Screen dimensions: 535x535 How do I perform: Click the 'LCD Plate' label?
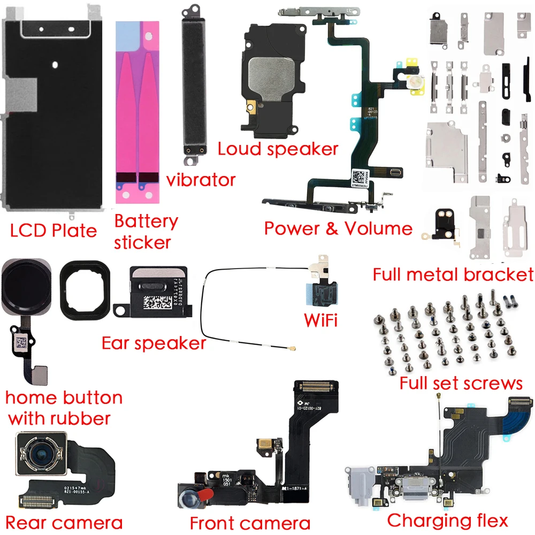coord(53,231)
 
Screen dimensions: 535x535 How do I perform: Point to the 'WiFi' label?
coord(320,320)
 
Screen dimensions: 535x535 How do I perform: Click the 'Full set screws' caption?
coord(461,383)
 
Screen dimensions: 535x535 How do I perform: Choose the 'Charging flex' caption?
coord(447,519)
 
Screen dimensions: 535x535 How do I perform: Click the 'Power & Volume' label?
coord(338,228)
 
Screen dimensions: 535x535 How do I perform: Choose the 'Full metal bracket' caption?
coord(453,274)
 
